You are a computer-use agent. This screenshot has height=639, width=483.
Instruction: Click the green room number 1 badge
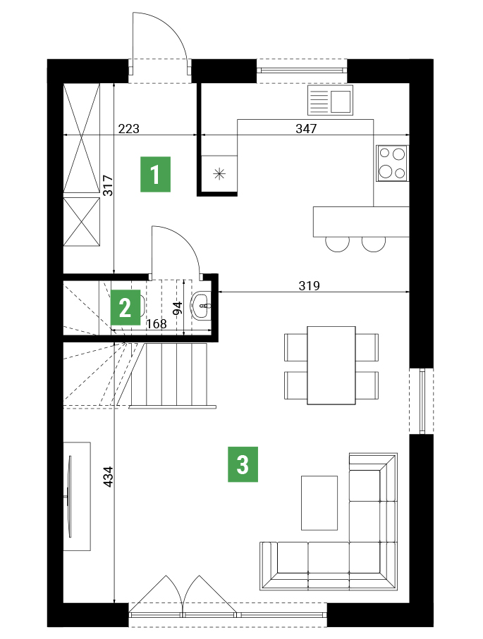155,174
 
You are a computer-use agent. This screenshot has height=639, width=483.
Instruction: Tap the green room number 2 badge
126,307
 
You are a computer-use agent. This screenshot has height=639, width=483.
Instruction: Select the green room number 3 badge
243,464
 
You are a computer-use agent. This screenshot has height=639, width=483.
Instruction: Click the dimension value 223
128,129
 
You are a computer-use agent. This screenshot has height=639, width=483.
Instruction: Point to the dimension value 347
306,129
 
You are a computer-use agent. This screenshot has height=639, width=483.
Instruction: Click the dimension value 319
309,286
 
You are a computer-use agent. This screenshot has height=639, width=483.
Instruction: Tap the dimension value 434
108,476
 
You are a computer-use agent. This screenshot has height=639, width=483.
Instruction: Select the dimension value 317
108,185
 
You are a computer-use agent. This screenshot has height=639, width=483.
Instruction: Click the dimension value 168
157,323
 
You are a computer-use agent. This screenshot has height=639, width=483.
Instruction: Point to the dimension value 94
178,308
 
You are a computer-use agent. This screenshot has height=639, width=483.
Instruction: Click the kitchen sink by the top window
330,100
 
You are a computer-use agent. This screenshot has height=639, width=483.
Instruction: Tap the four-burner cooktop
392,163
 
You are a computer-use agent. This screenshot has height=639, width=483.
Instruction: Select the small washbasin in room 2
201,304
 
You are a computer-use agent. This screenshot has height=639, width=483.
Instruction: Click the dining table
331,365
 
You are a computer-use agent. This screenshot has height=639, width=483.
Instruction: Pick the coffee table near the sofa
319,503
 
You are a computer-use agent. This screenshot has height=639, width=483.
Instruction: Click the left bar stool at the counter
337,244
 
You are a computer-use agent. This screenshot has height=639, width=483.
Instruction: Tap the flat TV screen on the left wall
70,497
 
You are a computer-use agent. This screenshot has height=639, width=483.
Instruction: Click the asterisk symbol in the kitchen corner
219,175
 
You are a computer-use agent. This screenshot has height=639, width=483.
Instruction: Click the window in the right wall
422,401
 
